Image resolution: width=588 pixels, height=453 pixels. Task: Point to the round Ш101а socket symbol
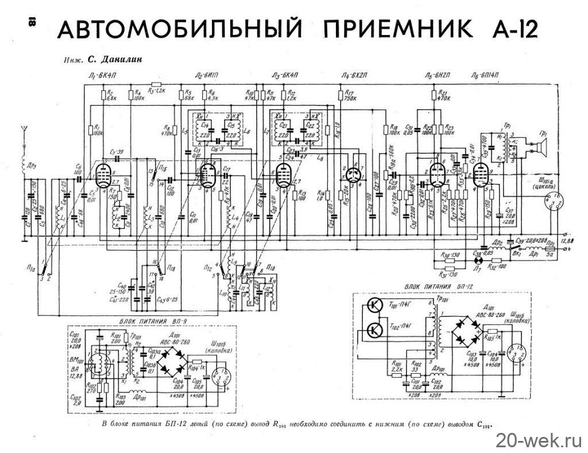(x=555, y=203)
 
